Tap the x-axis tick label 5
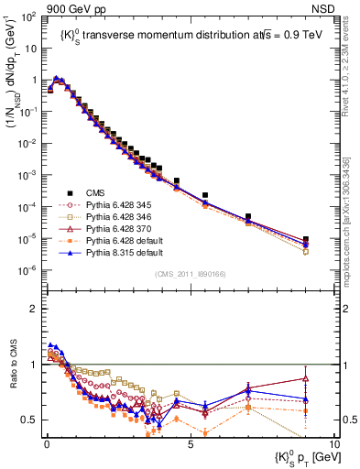click(190, 444)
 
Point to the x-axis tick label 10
click(333, 444)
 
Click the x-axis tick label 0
click(45, 444)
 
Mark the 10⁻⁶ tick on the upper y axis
click(27, 270)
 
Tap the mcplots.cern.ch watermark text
click(352, 238)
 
